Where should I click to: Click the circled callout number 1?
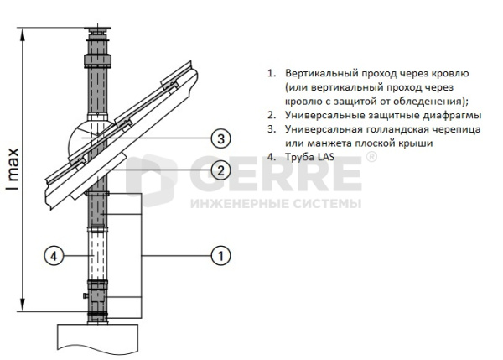(220, 253)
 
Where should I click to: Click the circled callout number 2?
(220, 170)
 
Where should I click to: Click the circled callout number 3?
(220, 138)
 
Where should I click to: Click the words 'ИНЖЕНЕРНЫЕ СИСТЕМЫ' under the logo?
(277, 204)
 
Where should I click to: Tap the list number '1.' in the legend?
(272, 73)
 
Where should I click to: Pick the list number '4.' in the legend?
(272, 157)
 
